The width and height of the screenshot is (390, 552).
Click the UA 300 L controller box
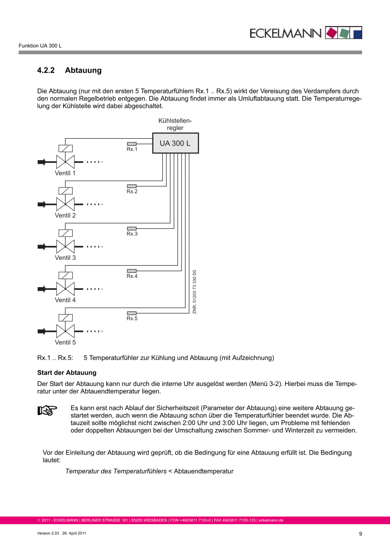coord(175,143)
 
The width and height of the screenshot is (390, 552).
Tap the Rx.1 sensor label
coord(132,149)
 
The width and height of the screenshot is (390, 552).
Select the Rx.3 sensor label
coord(132,234)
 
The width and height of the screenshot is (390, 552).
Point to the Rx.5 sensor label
coord(132,318)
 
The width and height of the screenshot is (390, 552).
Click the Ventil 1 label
coord(65,173)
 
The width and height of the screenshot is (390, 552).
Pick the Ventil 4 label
coord(65,300)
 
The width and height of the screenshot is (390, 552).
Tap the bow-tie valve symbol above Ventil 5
coord(65,331)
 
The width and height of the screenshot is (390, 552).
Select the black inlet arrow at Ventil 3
coord(42,246)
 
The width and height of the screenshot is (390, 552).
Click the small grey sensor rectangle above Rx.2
coord(132,186)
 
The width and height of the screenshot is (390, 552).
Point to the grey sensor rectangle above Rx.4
coord(132,271)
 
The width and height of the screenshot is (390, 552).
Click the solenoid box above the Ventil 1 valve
coord(65,149)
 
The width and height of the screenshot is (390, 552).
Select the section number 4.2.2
coord(46,70)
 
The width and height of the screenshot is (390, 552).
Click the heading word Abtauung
coord(83,70)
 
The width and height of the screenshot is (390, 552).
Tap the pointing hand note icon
coord(47,410)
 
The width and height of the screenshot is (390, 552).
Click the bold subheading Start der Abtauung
coord(66,373)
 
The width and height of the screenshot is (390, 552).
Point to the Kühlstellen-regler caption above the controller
coord(175,124)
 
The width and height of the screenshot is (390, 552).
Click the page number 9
coord(360,534)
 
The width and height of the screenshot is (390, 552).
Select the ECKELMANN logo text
coord(286,33)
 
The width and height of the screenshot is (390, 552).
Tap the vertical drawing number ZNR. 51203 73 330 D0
coord(195,292)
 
